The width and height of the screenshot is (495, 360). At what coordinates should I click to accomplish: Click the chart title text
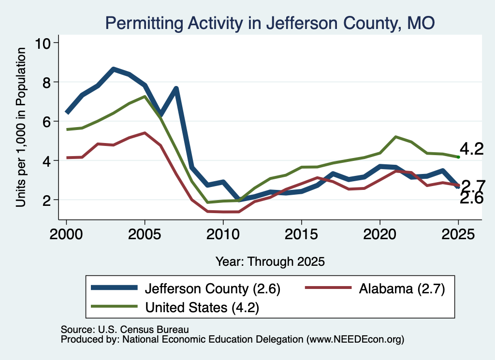point(270,23)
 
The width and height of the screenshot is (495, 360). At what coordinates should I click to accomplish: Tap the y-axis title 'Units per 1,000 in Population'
point(21,127)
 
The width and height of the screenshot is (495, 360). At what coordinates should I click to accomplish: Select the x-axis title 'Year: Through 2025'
point(270,261)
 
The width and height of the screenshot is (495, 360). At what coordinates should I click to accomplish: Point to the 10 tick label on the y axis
point(43,43)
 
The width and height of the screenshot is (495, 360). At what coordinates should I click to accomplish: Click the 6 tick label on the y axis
point(46,121)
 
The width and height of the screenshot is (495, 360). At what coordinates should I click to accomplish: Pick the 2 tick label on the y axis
point(46,200)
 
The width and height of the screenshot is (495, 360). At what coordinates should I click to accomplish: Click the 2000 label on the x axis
point(66,234)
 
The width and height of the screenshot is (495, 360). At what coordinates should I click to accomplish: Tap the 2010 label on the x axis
point(223,234)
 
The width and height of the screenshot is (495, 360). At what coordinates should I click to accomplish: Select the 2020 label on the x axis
point(380,234)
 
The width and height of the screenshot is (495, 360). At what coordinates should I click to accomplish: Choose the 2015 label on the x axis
point(302,234)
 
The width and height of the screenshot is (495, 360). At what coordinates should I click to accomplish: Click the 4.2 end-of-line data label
point(472,149)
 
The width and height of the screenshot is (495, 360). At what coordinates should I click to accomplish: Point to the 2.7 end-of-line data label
point(473,186)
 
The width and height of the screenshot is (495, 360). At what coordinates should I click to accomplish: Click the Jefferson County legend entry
point(186,288)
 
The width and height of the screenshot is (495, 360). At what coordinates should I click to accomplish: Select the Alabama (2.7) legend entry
point(375,288)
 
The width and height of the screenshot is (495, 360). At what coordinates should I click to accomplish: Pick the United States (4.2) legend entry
point(175,307)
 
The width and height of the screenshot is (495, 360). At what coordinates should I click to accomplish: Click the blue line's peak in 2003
point(114,69)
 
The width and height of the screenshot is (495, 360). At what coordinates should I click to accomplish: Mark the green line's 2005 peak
point(145,96)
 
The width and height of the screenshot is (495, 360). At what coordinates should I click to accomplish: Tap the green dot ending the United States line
point(458,157)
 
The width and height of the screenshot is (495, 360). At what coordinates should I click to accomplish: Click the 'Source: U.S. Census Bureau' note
point(125,330)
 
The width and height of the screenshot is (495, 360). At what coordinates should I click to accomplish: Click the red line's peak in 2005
point(145,133)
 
